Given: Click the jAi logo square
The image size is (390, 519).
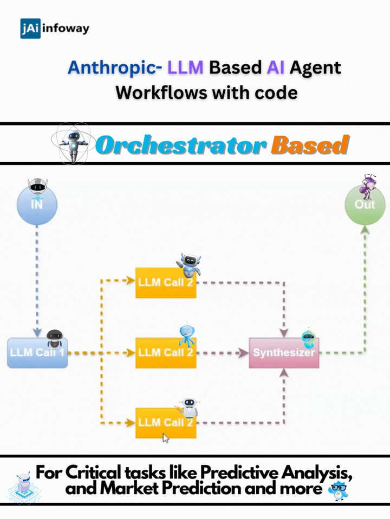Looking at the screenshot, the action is click(x=30, y=29).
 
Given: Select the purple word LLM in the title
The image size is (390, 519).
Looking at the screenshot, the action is click(x=185, y=67).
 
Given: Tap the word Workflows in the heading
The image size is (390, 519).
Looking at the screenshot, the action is click(x=161, y=92).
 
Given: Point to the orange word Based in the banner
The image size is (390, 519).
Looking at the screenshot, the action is click(x=310, y=145).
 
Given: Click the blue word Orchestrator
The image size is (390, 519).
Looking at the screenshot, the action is click(x=181, y=145).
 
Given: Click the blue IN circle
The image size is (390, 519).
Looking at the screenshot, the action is click(x=37, y=204).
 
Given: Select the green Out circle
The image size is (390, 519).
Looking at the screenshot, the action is click(x=365, y=204).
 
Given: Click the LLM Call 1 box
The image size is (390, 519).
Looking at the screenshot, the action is click(x=37, y=353).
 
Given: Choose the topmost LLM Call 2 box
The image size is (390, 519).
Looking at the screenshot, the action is click(x=166, y=283).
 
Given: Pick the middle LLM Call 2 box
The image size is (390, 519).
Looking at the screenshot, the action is click(x=166, y=353).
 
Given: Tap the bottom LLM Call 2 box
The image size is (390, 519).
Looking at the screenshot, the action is click(x=166, y=423).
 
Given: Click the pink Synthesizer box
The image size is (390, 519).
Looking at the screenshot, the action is click(x=284, y=353).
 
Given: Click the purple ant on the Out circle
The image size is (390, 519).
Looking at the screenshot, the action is click(x=369, y=186).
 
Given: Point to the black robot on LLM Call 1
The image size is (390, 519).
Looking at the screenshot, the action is click(x=55, y=338).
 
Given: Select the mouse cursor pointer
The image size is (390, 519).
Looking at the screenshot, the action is click(x=166, y=438).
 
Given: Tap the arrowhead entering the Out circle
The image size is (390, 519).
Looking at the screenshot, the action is click(x=365, y=229).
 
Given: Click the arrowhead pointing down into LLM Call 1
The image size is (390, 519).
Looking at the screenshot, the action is click(x=37, y=332).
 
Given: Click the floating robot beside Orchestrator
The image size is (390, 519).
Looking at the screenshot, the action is click(x=74, y=144).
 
